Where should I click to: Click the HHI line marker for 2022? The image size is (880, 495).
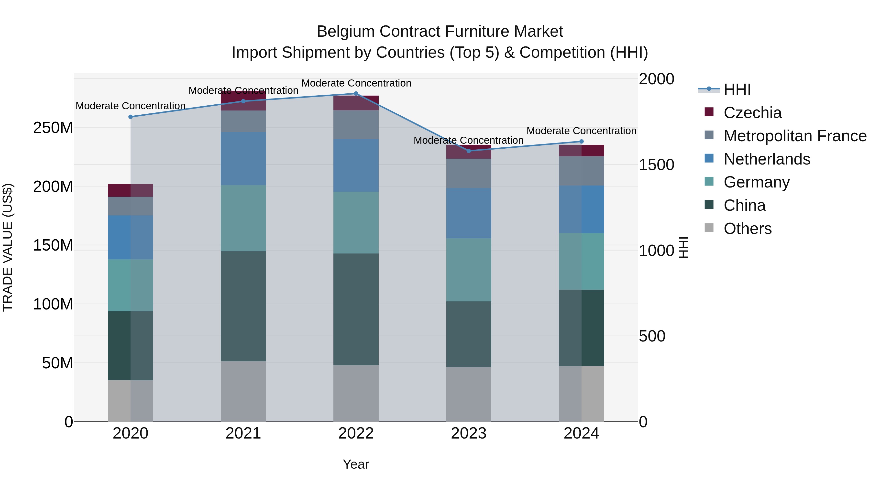tap(356, 94)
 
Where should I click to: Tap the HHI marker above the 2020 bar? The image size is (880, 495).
tap(131, 117)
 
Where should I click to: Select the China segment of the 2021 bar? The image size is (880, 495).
tap(243, 306)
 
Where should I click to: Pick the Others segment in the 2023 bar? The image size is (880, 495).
tap(469, 394)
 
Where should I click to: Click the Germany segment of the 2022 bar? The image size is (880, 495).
tap(356, 222)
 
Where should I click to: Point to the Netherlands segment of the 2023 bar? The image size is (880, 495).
tap(469, 213)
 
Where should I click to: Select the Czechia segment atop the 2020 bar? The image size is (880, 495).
tap(131, 190)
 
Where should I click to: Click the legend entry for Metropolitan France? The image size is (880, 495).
tap(795, 136)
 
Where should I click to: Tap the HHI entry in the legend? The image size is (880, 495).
tap(737, 89)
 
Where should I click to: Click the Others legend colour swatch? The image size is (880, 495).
tap(709, 228)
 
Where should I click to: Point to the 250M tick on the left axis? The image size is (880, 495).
tap(53, 128)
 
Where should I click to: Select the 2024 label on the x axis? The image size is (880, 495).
tap(582, 433)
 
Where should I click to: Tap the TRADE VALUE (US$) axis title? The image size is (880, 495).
tap(8, 247)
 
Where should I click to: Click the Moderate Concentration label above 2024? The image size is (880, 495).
tap(582, 131)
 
